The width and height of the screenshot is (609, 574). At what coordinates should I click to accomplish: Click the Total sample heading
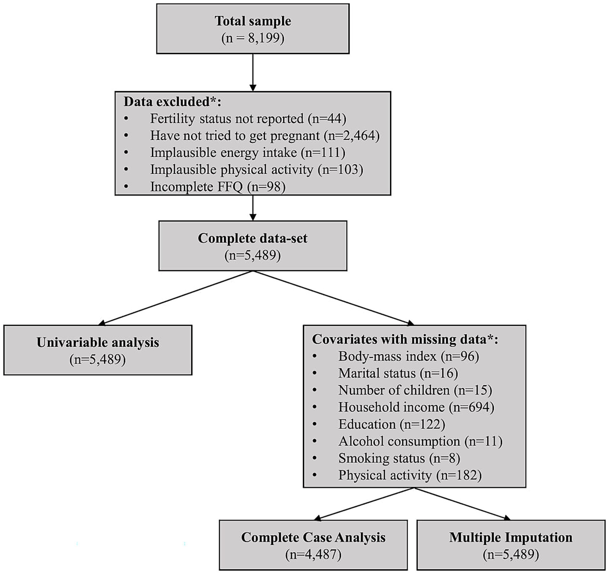253,21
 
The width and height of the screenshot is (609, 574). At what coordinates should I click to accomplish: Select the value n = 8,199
253,38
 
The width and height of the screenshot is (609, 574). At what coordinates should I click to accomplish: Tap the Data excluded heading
172,102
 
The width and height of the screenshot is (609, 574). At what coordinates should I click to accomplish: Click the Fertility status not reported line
248,119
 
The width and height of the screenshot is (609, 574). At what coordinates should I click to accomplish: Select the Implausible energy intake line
248,152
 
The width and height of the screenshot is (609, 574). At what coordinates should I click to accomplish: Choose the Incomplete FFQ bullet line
218,187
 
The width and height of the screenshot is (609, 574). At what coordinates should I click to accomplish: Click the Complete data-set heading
253,238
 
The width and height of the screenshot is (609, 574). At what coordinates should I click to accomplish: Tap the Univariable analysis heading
98,342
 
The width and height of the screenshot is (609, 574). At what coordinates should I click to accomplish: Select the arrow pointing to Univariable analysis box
176,298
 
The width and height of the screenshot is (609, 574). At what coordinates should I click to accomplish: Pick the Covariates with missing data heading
405,339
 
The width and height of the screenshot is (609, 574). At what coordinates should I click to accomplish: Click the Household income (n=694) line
416,407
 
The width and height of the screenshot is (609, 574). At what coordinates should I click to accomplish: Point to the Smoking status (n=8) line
399,458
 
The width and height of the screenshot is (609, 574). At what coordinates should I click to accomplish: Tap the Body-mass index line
408,356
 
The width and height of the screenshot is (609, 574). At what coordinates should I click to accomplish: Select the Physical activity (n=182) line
410,475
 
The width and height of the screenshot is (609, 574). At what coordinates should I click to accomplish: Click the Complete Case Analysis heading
313,537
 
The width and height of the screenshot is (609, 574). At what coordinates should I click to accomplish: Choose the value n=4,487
313,554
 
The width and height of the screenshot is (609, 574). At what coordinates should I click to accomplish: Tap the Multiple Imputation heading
511,537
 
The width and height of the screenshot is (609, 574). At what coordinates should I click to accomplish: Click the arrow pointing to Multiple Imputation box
462,503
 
